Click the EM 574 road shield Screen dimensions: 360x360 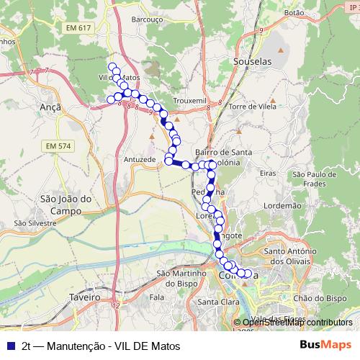[58, 146]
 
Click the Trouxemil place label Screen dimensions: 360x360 [192, 102]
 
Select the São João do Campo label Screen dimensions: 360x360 [66, 204]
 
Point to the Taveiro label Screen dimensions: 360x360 [85, 297]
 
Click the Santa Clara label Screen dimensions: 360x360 [218, 302]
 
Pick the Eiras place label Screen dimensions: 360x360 [267, 174]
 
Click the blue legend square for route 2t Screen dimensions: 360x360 [10, 346]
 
